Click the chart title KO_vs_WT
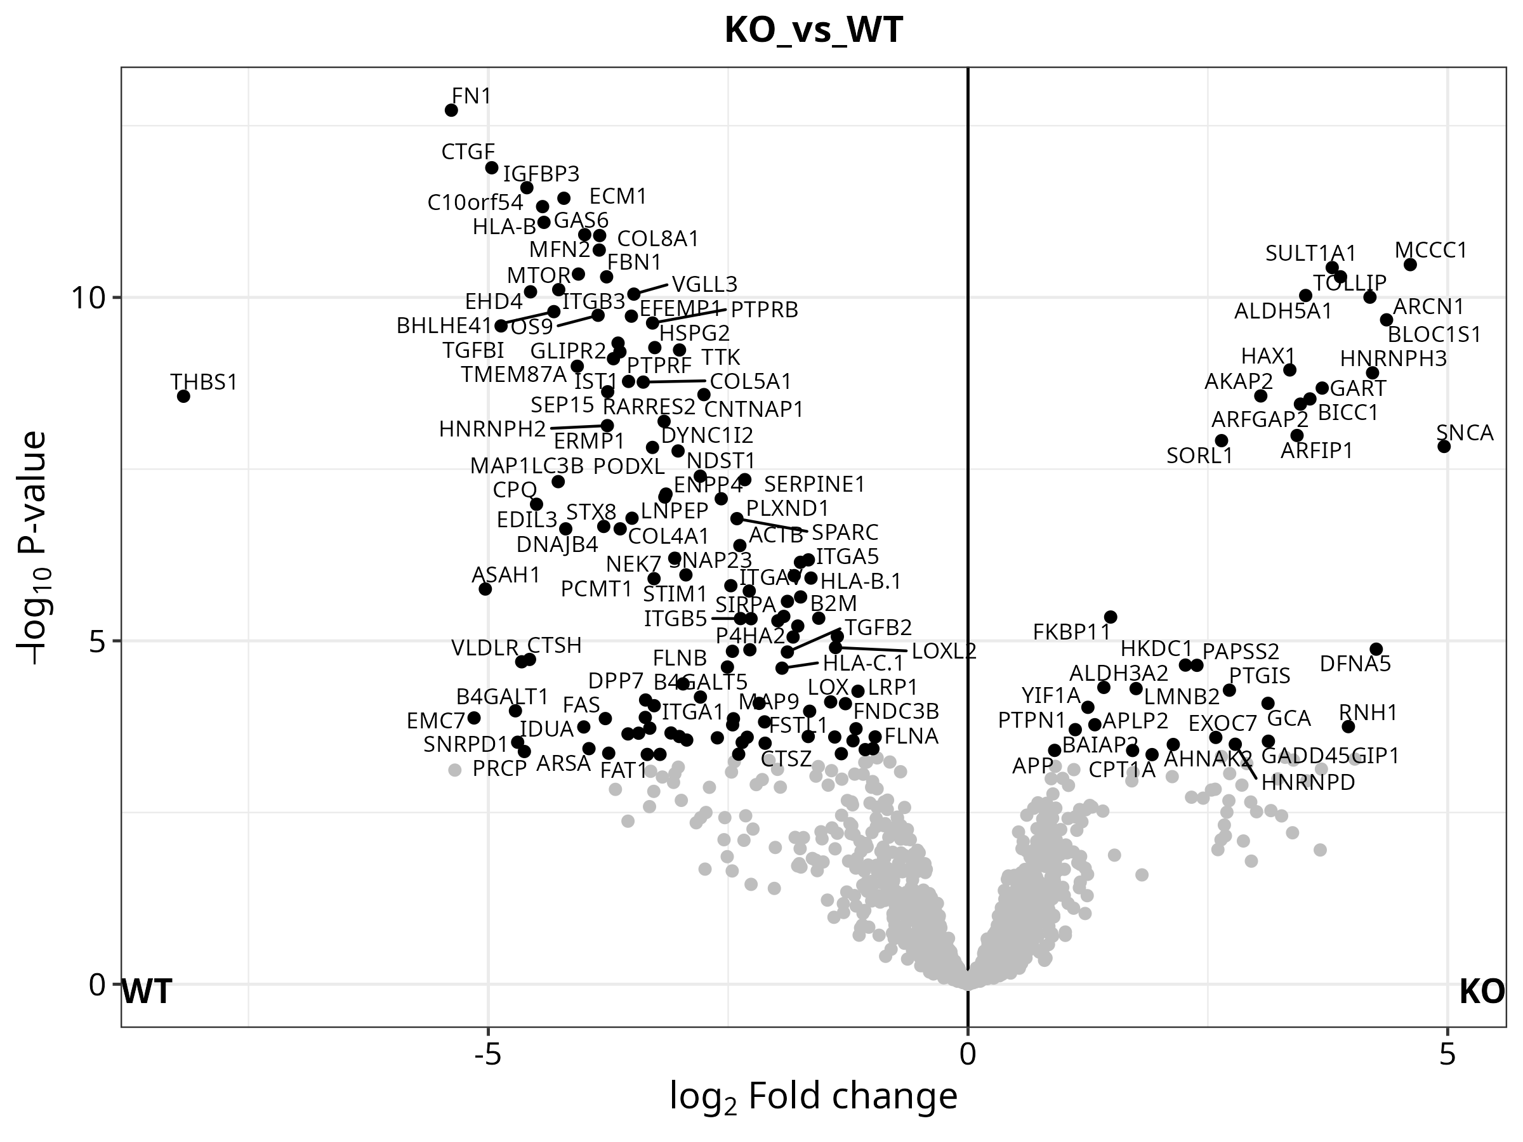(x=813, y=31)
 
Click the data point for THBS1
(x=183, y=397)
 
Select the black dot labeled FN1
(x=452, y=110)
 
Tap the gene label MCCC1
(x=1431, y=250)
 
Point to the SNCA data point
(x=1444, y=447)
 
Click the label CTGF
(x=468, y=152)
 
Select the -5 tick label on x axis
(x=487, y=1054)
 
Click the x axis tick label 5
(x=1447, y=1054)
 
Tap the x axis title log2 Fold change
(x=813, y=1096)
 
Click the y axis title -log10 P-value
(x=32, y=548)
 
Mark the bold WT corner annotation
(x=147, y=993)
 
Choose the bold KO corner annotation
(x=1482, y=993)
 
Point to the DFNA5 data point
(x=1376, y=649)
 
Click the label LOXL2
(x=943, y=651)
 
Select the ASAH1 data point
(x=485, y=589)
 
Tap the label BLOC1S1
(x=1434, y=334)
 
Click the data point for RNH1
(x=1348, y=727)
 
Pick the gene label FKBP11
(x=1072, y=632)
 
